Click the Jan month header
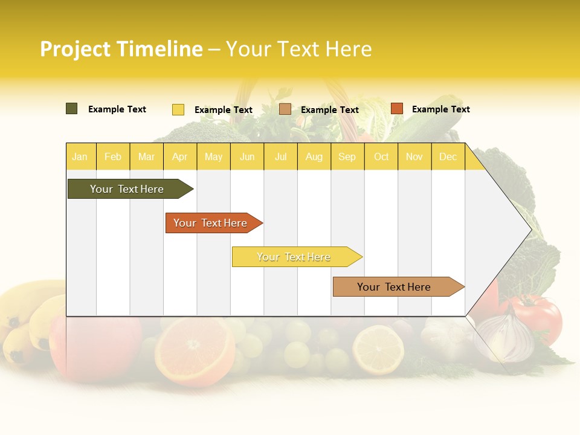pos(80,157)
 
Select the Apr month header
pos(180,157)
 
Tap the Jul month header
pos(281,157)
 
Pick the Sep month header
pos(347,157)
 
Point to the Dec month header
pos(448,157)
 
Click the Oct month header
pos(381,157)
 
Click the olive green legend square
pos(72,109)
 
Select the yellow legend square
pos(178,109)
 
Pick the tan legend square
pos(285,109)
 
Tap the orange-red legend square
pos(396,109)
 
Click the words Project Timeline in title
pos(121,49)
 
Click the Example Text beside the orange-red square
pos(440,109)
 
